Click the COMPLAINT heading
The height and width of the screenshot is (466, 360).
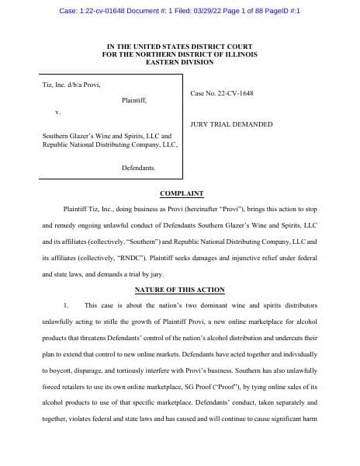point(182,193)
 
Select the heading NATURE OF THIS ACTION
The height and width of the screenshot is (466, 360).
point(180,290)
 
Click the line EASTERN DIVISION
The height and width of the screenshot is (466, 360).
point(180,61)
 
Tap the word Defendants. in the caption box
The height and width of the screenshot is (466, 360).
point(138,168)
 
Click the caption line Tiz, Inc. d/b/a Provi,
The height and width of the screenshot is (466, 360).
point(71,85)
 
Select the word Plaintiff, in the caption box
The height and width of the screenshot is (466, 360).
point(134,101)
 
